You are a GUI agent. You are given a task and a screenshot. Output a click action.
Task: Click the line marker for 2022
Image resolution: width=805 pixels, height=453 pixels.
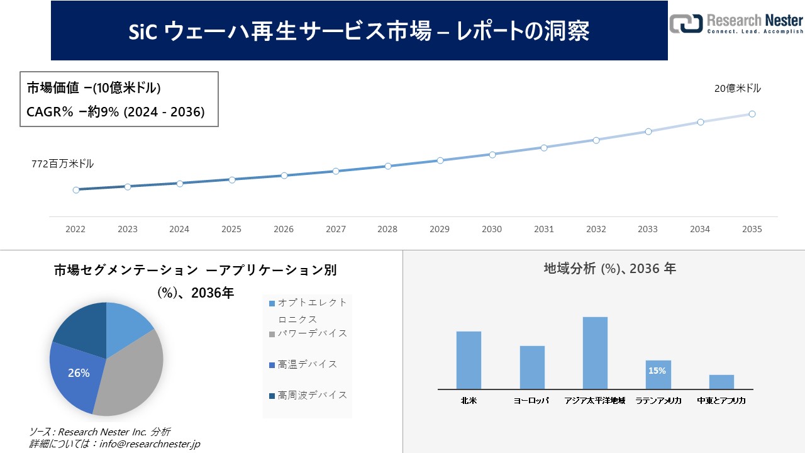[76, 189]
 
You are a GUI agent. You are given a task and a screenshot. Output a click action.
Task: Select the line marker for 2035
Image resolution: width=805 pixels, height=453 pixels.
[752, 114]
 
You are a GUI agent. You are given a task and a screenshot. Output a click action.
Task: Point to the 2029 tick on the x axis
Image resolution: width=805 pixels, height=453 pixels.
[440, 230]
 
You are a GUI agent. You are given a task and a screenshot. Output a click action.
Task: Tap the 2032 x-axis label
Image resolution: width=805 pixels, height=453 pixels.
[596, 230]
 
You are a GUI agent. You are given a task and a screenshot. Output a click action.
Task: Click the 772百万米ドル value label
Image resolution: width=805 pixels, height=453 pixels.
[63, 164]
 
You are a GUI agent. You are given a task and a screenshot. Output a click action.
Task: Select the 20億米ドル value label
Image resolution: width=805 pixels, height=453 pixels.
[737, 89]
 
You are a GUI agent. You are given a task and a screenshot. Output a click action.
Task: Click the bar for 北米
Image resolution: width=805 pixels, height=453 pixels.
[469, 360]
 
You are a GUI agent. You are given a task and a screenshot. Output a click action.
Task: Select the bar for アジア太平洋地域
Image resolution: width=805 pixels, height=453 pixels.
[595, 353]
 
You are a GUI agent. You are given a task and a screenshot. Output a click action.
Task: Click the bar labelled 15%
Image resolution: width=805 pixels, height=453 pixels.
[658, 374]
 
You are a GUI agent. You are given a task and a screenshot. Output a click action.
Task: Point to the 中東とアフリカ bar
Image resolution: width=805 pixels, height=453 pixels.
[721, 382]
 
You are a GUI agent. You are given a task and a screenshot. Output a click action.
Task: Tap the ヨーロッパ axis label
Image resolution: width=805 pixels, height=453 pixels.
[531, 401]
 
